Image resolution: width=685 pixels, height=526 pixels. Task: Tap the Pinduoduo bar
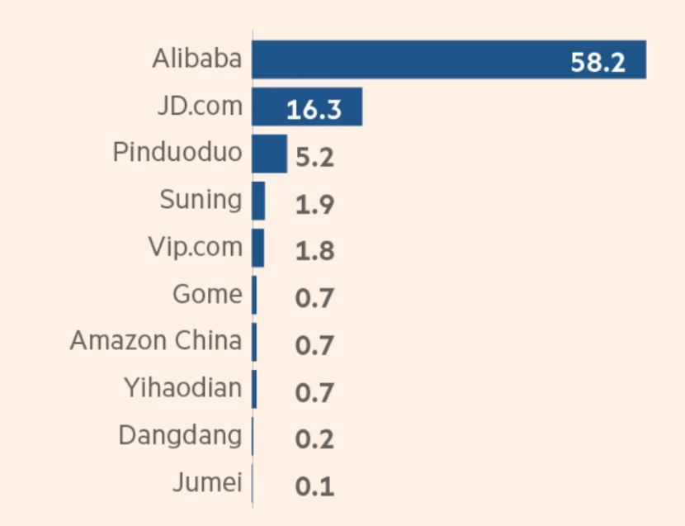pyautogui.click(x=269, y=154)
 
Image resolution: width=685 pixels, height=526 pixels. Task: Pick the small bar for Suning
pyautogui.click(x=258, y=201)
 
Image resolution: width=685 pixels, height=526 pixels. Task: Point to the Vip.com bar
pyautogui.click(x=258, y=248)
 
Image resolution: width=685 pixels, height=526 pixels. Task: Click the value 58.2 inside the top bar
pyautogui.click(x=598, y=63)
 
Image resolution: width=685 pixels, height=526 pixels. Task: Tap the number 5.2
pyautogui.click(x=314, y=157)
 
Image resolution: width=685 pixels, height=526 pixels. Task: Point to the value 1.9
pyautogui.click(x=314, y=204)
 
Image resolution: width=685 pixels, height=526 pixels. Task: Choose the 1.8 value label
pyautogui.click(x=314, y=251)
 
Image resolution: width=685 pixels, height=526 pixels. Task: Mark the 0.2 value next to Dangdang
pyautogui.click(x=314, y=439)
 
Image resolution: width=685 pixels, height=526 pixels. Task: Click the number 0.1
pyautogui.click(x=314, y=486)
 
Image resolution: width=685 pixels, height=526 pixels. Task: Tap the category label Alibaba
pyautogui.click(x=197, y=59)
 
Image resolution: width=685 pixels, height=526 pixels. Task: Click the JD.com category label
pyautogui.click(x=200, y=107)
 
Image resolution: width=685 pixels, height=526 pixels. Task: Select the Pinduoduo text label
pyautogui.click(x=178, y=154)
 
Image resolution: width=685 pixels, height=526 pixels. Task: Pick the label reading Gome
pyautogui.click(x=208, y=295)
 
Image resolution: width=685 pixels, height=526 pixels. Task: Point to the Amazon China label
pyautogui.click(x=156, y=341)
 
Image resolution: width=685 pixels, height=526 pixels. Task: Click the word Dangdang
pyautogui.click(x=181, y=435)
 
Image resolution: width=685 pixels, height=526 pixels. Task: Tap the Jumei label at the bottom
pyautogui.click(x=207, y=482)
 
